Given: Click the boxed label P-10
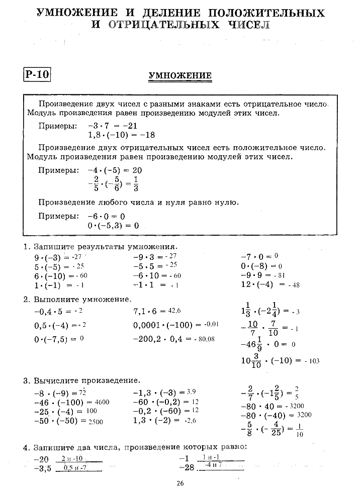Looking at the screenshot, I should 37,75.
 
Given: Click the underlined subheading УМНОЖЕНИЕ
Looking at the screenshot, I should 180,76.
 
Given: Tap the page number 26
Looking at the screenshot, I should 181,483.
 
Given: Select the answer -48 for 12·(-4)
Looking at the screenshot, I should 294,285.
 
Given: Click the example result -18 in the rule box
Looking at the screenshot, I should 147,135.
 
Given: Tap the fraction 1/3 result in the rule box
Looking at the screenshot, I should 136,184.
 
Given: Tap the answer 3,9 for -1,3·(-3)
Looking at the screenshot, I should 191,392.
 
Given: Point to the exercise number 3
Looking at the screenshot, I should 26,380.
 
